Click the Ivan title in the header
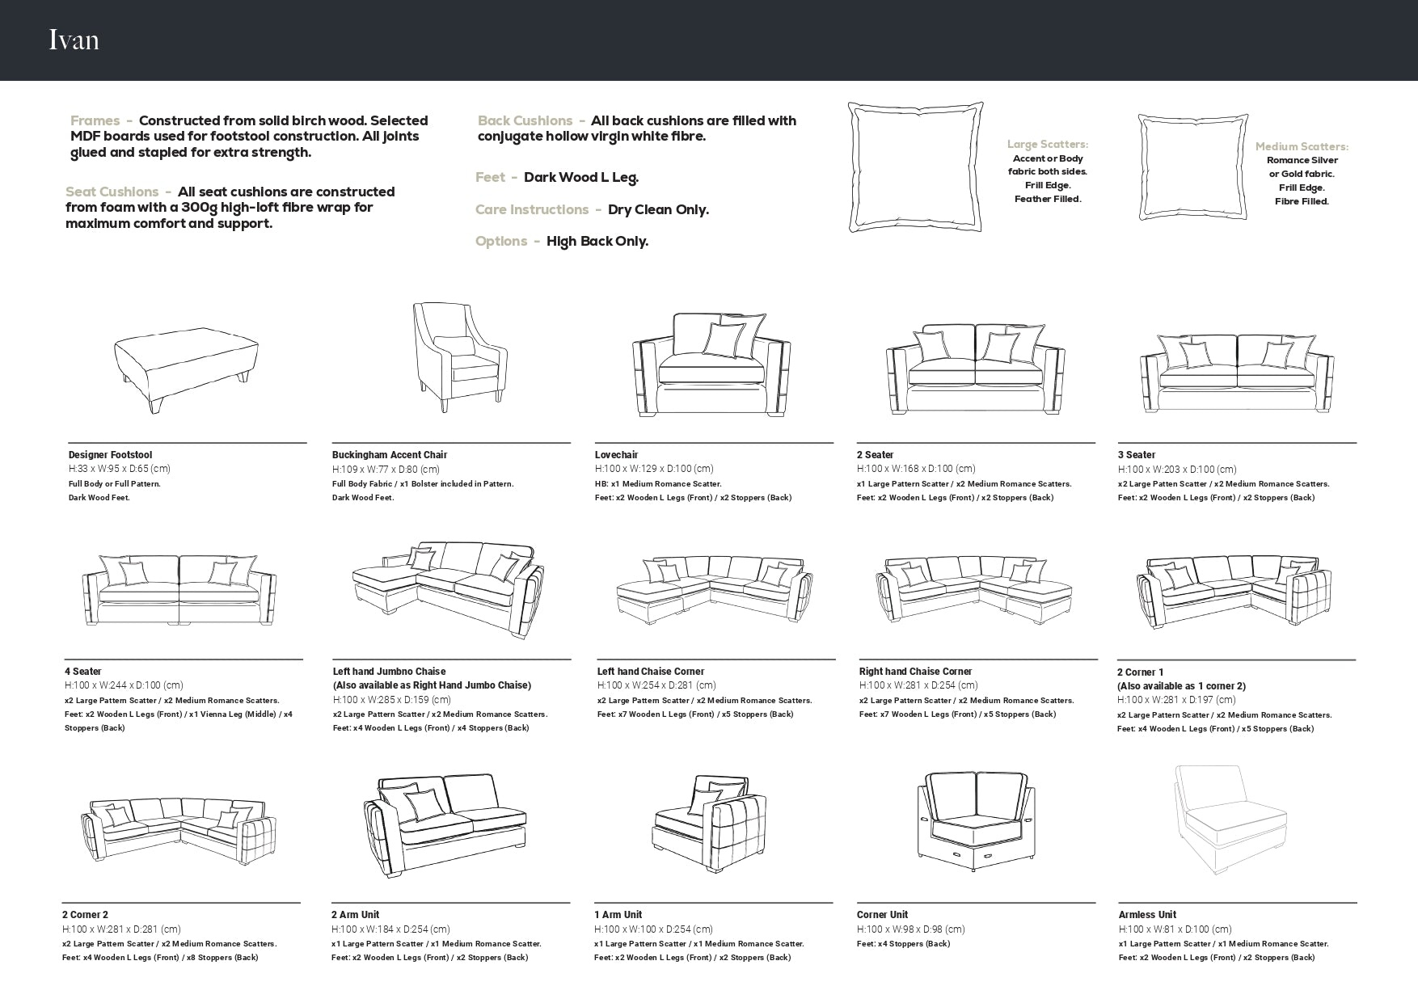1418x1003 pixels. (74, 40)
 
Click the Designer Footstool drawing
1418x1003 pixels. (186, 367)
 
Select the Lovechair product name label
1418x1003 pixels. (616, 455)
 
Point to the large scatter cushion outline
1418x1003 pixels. (915, 167)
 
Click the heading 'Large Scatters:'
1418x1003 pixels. (1048, 144)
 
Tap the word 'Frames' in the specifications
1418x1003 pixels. (95, 120)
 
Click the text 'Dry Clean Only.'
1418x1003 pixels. (658, 209)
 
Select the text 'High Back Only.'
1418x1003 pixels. (597, 241)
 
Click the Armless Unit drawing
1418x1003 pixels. (1230, 820)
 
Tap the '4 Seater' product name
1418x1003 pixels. (83, 672)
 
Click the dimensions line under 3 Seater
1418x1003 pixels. (1177, 470)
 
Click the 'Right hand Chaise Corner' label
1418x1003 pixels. (915, 672)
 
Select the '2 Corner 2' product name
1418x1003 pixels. (85, 915)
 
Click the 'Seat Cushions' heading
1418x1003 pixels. (112, 192)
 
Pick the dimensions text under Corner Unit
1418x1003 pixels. (911, 929)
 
